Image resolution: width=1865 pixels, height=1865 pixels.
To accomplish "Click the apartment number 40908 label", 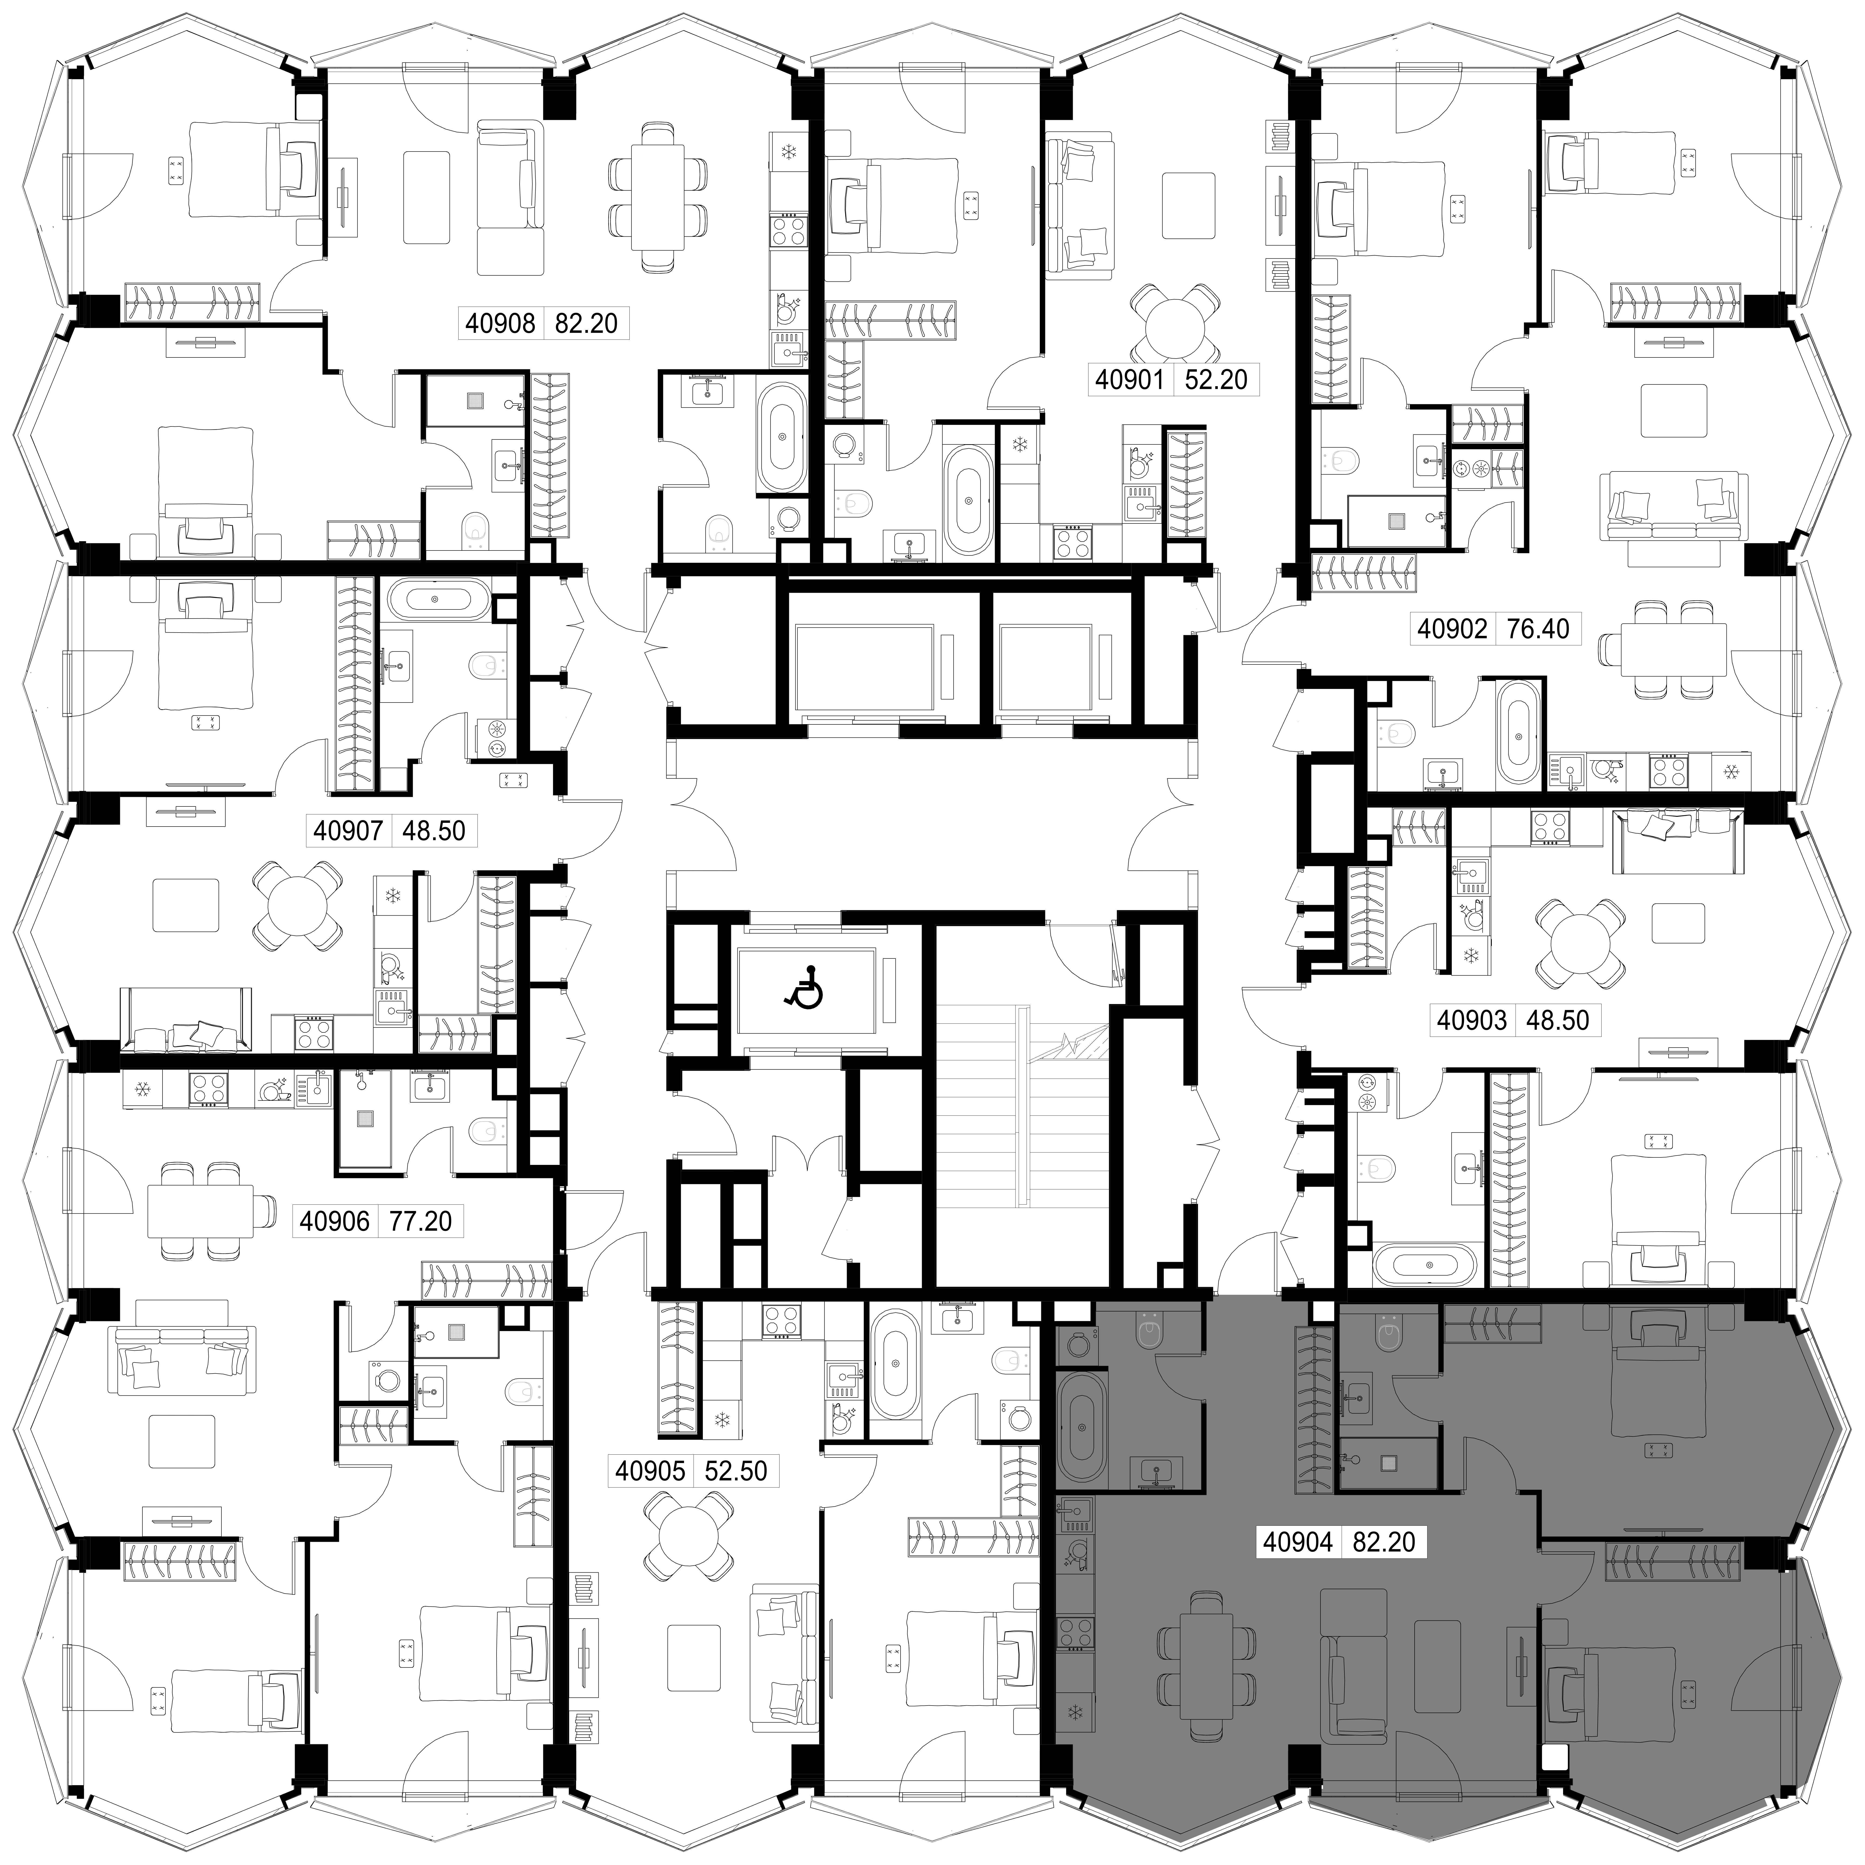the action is click(500, 322).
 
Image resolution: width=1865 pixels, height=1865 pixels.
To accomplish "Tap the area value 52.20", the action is click(1216, 379).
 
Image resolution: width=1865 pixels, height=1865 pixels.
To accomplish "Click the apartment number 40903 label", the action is click(1472, 1019).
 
